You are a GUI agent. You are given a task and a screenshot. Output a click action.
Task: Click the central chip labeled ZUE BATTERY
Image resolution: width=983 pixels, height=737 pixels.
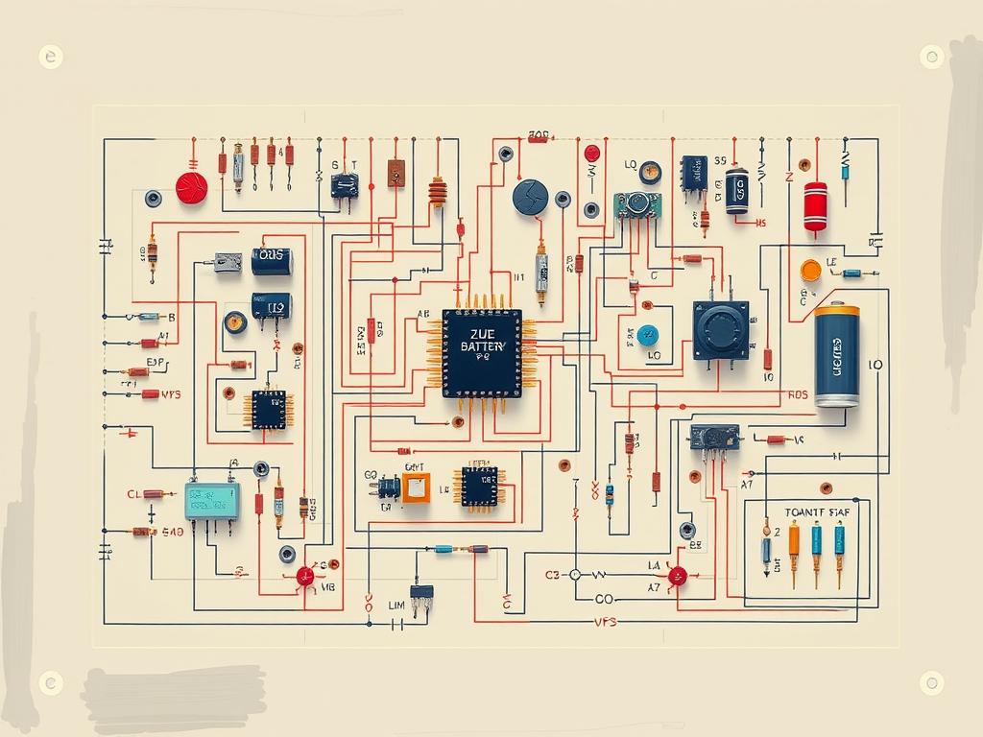click(482, 352)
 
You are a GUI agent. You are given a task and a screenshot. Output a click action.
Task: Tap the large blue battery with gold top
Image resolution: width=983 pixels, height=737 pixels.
click(836, 356)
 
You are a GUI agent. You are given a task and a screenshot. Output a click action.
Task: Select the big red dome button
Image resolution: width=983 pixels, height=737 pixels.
click(192, 187)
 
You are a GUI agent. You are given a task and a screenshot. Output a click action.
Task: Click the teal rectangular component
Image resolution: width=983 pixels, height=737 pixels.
click(211, 501)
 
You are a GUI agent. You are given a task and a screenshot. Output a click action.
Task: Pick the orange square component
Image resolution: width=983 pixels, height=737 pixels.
click(416, 487)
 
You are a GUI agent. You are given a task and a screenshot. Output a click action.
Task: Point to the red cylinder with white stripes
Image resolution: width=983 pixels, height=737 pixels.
click(815, 205)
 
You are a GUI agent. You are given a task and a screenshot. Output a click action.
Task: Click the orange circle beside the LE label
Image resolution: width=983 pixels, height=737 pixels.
click(810, 271)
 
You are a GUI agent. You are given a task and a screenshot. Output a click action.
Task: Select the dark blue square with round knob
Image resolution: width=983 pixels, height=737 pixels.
click(721, 330)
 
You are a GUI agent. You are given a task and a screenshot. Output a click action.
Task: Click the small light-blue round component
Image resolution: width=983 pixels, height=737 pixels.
click(648, 335)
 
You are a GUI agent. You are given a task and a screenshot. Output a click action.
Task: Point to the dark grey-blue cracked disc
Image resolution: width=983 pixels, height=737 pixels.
click(530, 197)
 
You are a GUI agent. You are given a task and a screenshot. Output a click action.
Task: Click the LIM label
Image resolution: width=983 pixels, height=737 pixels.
click(396, 605)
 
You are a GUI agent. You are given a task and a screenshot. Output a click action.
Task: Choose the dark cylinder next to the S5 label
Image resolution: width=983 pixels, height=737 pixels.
click(736, 191)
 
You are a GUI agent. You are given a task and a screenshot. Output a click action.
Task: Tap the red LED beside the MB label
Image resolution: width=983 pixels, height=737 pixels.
click(305, 576)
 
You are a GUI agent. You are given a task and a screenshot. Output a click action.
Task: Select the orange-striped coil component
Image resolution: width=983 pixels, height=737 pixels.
click(438, 192)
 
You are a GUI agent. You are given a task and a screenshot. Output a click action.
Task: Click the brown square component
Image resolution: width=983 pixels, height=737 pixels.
click(396, 173)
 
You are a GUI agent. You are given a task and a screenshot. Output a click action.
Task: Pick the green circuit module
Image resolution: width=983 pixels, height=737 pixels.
click(637, 204)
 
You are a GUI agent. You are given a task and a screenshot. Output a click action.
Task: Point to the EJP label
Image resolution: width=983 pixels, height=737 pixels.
click(156, 363)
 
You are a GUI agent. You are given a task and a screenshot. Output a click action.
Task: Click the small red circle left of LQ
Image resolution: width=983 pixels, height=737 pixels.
click(592, 153)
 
